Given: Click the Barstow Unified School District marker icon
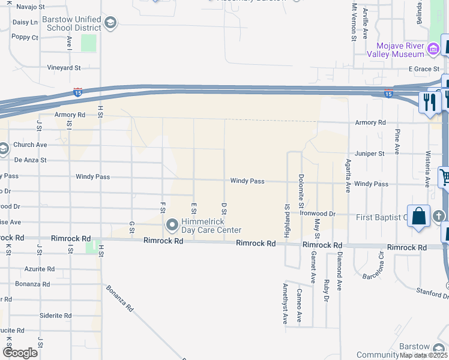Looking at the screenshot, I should tap(110, 23).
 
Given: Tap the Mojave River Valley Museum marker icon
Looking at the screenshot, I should tap(433, 48).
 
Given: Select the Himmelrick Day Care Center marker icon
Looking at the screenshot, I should tap(172, 226).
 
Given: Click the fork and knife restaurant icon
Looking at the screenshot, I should tap(430, 101).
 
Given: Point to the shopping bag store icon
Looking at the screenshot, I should tap(418, 217).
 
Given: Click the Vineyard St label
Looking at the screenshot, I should tap(64, 68).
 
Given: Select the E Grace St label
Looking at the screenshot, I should tap(424, 69).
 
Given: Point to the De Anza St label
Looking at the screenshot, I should tap(30, 160).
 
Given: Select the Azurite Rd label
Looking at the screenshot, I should tap(40, 269).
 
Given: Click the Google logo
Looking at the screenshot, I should tap(20, 353).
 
